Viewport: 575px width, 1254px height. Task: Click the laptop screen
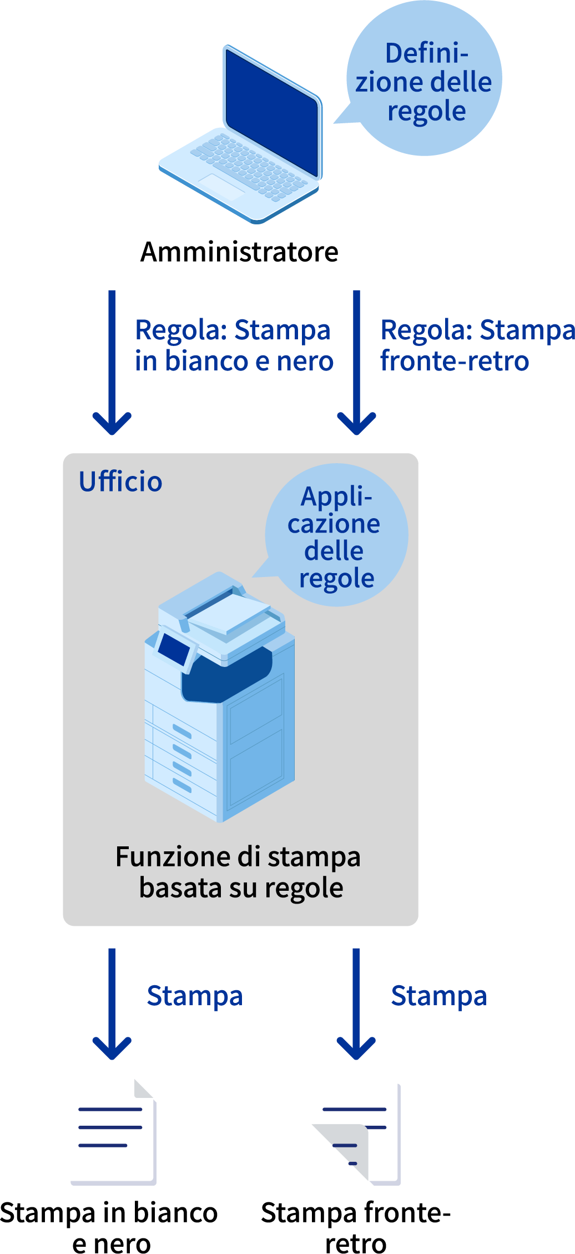273,111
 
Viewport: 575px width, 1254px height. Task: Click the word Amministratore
239,252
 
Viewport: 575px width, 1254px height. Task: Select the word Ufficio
120,481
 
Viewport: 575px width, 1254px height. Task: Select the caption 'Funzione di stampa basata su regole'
239,872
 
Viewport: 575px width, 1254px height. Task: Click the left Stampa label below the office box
195,996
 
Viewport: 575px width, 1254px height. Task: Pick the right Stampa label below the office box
439,996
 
